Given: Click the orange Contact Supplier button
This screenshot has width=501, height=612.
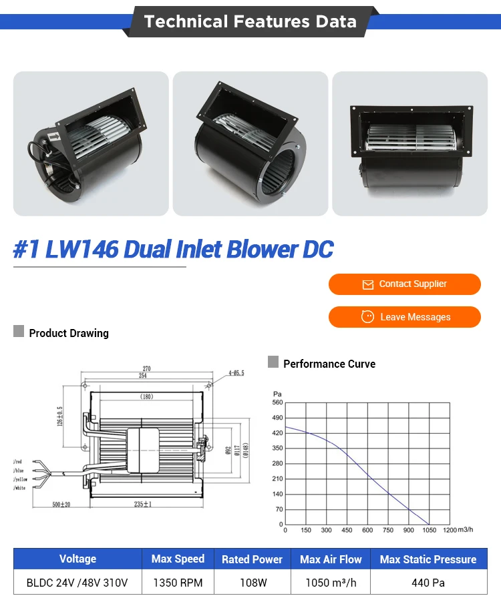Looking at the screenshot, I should click(404, 284).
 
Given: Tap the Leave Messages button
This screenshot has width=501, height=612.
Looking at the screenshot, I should click(404, 317).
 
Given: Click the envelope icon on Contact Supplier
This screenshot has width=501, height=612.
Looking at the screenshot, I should click(367, 285).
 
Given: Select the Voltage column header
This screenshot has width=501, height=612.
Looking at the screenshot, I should click(77, 559).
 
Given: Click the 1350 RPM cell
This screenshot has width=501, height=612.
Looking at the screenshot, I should click(178, 583).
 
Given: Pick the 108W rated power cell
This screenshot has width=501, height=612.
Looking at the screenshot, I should click(253, 583).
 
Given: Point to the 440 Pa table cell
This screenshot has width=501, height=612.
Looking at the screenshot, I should click(428, 583).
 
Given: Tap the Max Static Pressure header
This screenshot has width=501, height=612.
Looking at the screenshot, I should click(428, 559).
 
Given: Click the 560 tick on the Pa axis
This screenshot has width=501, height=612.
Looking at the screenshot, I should click(277, 402).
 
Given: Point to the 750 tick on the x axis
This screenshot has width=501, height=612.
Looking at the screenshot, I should click(388, 531).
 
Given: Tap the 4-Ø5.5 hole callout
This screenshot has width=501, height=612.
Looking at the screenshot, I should click(235, 373).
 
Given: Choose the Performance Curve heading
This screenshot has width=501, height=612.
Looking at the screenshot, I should click(329, 364).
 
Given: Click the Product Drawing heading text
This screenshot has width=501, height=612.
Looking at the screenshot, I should click(68, 333).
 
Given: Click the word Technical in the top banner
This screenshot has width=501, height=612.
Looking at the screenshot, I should click(185, 21).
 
